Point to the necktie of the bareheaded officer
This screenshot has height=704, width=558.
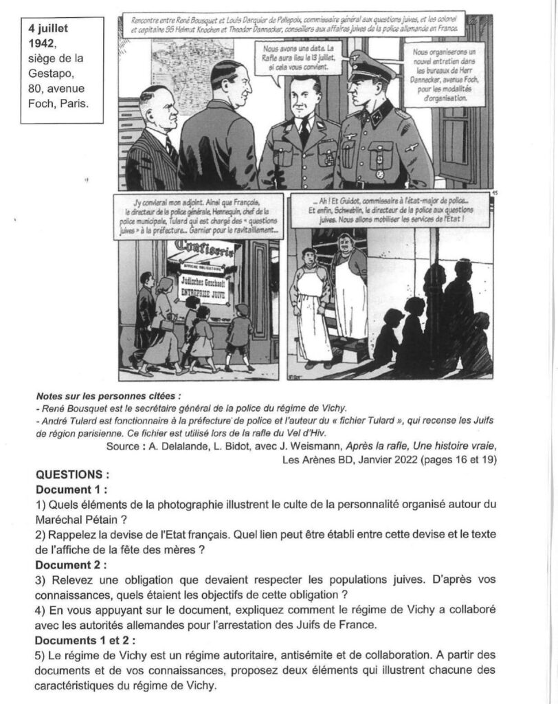pyautogui.click(x=303, y=131)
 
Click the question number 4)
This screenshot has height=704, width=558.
pyautogui.click(x=41, y=609)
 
